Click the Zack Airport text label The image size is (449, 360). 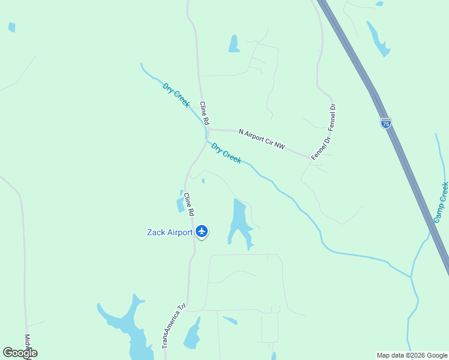(170, 232)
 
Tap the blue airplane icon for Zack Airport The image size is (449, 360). (202, 231)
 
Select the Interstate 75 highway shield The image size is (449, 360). (386, 123)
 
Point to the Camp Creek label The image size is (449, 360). (441, 202)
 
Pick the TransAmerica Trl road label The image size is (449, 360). (173, 326)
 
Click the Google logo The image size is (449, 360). (20, 353)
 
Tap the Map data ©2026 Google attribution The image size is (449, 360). (412, 355)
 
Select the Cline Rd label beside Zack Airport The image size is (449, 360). (189, 204)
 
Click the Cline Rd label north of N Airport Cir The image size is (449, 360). (205, 113)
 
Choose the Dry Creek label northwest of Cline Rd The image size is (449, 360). (176, 95)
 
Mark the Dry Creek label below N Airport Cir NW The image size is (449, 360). (226, 152)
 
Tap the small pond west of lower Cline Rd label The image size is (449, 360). (180, 203)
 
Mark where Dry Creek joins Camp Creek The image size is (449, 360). (412, 278)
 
